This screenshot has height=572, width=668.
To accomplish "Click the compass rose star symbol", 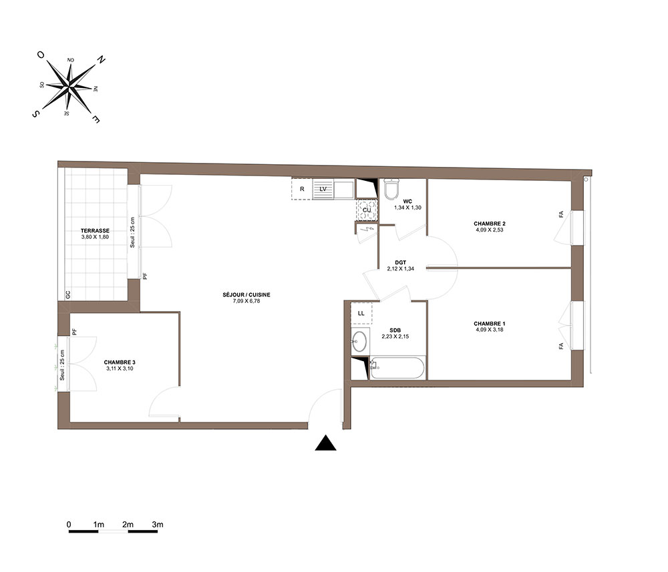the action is tap(69, 87).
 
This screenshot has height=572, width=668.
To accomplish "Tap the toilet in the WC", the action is tap(391, 188).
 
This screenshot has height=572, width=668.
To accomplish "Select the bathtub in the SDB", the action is tap(397, 367).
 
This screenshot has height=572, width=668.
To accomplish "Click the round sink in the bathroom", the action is tap(360, 341).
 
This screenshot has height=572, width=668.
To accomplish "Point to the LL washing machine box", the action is tap(361, 313).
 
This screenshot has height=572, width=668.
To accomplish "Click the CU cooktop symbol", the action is tap(367, 210).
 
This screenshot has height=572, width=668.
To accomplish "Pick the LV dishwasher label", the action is tap(323, 189).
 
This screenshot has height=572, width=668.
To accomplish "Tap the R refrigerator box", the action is tap(302, 189).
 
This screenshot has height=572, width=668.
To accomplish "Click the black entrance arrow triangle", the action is tap(325, 443).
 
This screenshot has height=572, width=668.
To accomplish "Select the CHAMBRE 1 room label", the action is tap(490, 324).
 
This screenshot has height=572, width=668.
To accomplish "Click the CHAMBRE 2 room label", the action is tap(490, 224).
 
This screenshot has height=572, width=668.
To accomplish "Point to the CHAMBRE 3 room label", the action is tap(120, 362).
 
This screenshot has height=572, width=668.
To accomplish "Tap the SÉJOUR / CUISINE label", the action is tap(246, 294).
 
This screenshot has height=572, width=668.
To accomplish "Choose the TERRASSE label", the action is tap(95, 231).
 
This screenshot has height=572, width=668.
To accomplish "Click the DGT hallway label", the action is tap(400, 262).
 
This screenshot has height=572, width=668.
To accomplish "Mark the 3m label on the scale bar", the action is tap(158, 525).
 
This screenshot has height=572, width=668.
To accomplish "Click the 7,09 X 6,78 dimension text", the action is tap(246, 301).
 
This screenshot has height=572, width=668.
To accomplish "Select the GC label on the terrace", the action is tap(67, 294).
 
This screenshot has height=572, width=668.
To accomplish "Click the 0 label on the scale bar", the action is tap(69, 525).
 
